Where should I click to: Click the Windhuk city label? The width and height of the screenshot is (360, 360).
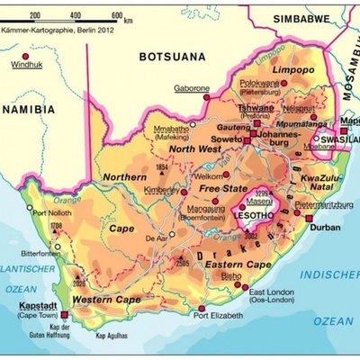(x=26, y=65)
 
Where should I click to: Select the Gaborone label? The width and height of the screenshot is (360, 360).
(x=192, y=89)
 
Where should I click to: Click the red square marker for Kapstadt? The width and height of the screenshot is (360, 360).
(x=64, y=316)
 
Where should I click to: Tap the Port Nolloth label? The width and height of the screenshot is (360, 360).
(x=51, y=212)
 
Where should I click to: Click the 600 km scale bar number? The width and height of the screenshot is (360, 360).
(x=117, y=16)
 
